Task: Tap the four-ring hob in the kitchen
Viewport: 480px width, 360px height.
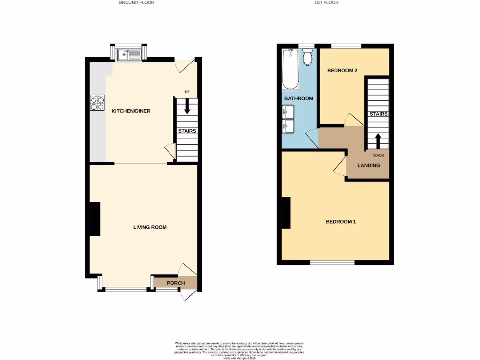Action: [x=97, y=103]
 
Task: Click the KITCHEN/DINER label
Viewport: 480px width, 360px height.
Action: [x=130, y=111]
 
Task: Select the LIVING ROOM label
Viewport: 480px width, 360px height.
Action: [x=150, y=227]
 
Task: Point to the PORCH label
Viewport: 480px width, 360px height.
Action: [x=176, y=283]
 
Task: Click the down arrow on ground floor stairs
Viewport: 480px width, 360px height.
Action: [x=187, y=107]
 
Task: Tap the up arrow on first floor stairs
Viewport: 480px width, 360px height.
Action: [x=378, y=141]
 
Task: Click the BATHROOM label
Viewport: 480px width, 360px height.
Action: [x=299, y=98]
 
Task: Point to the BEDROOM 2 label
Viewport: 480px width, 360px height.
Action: [x=342, y=71]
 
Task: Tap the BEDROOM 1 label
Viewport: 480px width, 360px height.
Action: [x=341, y=222]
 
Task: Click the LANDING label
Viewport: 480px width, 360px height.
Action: [x=368, y=165]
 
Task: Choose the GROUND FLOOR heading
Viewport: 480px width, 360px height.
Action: [x=136, y=2]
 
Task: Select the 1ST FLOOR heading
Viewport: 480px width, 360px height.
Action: [x=326, y=2]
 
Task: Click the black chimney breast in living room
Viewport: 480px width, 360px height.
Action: [x=95, y=219]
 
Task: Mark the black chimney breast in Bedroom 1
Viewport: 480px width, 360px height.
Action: [x=286, y=213]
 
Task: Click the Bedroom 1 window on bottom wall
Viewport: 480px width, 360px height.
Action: [x=332, y=262]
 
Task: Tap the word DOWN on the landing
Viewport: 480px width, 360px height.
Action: [x=378, y=156]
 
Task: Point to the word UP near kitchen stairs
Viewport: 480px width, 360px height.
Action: [x=187, y=92]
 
